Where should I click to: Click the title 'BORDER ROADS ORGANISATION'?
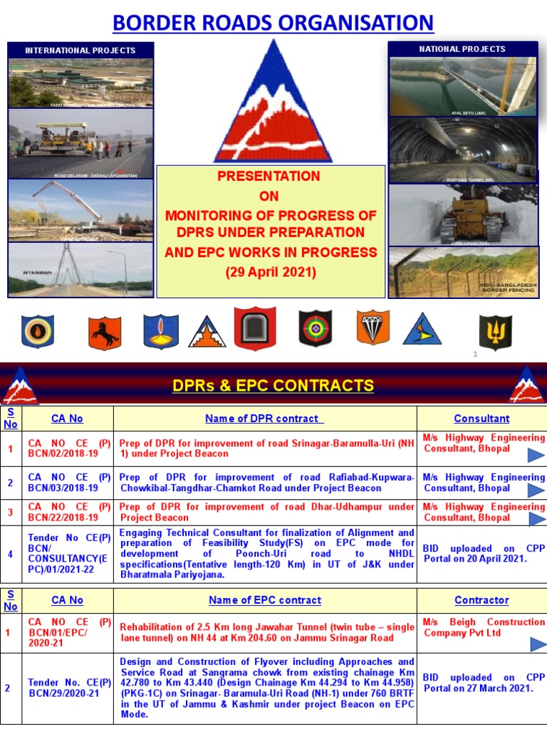[x=273, y=23]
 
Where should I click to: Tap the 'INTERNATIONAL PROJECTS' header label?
[x=80, y=51]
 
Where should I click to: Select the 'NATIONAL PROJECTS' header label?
[x=463, y=49]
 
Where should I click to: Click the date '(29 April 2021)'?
[x=271, y=272]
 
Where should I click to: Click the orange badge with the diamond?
[x=373, y=327]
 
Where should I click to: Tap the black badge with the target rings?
[x=315, y=328]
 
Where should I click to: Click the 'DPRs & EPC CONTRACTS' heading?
[x=273, y=386]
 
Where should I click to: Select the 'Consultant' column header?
[x=481, y=419]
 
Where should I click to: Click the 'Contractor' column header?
[x=481, y=600]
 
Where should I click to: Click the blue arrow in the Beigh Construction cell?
[x=538, y=644]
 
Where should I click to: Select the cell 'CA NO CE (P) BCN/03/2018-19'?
[x=69, y=483]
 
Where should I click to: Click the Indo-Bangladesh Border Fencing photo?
[x=463, y=272]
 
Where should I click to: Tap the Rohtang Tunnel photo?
[x=463, y=150]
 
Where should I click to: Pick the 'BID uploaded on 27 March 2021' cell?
[x=481, y=683]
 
